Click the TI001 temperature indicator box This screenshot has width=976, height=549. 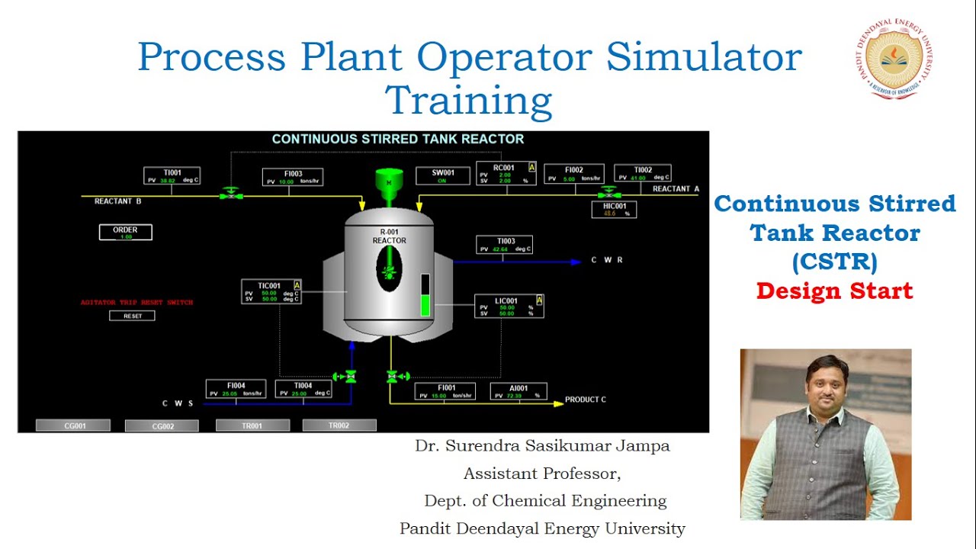click(172, 176)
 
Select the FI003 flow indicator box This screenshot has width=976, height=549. click(293, 178)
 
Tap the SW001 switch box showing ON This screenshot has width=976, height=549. click(441, 175)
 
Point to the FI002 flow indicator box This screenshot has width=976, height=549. click(574, 174)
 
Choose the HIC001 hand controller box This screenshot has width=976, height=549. click(614, 210)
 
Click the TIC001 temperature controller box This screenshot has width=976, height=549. click(271, 292)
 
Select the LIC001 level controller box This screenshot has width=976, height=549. click(509, 307)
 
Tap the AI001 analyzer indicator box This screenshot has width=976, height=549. click(518, 392)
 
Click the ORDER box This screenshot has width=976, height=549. click(125, 232)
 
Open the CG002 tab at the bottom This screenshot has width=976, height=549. click(162, 426)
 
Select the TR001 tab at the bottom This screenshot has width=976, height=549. click(252, 425)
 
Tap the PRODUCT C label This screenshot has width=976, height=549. click(586, 400)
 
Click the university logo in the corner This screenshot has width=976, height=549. click(894, 59)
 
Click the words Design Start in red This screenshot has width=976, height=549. click(834, 291)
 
